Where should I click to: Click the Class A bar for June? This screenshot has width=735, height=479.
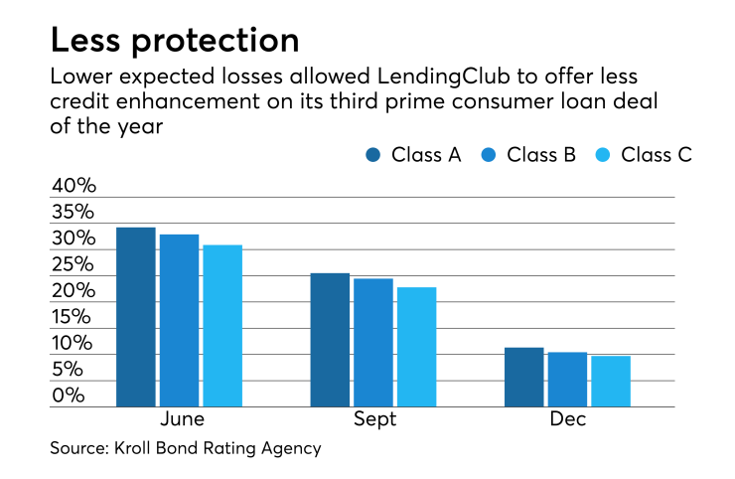(136, 317)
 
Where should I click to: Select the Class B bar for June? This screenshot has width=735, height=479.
(180, 320)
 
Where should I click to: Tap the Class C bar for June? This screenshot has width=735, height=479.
(222, 325)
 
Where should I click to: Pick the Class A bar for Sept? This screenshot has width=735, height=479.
(330, 340)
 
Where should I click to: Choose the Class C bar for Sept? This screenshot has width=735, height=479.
(416, 347)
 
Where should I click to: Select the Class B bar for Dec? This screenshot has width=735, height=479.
(567, 380)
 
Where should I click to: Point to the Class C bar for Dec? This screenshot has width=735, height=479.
(611, 382)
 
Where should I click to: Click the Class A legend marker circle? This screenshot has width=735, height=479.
(373, 154)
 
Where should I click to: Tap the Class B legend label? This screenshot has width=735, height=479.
(546, 154)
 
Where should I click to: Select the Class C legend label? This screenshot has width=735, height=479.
(656, 154)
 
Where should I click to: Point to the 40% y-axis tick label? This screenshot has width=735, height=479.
(73, 186)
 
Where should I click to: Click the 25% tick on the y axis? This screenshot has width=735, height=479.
(73, 265)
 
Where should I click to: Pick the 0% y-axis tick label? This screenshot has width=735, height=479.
(69, 396)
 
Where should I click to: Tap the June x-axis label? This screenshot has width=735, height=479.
(181, 419)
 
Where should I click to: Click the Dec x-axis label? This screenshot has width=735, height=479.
(568, 419)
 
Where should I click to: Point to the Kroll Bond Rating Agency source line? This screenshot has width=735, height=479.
(186, 448)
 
